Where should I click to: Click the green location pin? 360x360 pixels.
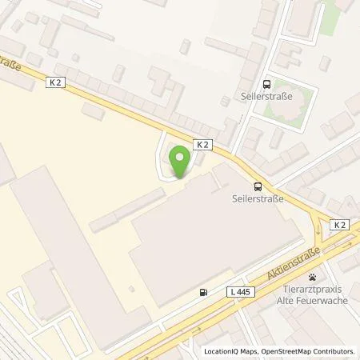click(181, 162)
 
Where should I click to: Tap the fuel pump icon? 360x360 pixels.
click(205, 292)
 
